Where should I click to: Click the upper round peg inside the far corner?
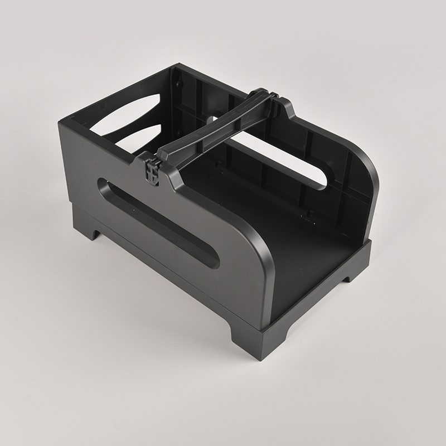(x=180, y=84)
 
